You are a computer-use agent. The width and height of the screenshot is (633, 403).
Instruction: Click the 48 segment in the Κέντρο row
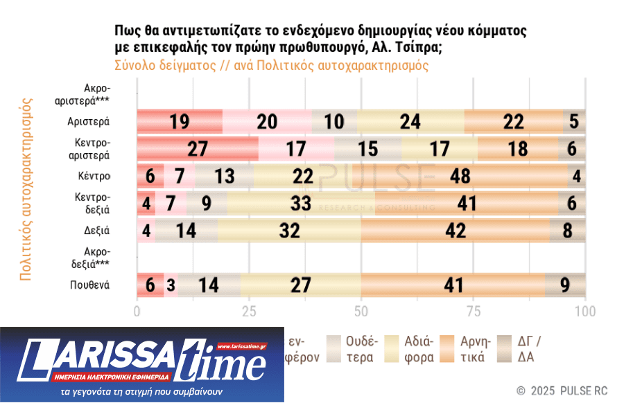click(460, 176)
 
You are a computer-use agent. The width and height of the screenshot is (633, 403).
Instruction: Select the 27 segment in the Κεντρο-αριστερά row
click(198, 149)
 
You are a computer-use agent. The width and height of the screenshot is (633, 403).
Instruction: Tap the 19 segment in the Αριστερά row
click(180, 122)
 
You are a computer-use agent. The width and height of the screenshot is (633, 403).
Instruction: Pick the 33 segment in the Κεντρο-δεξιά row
click(301, 203)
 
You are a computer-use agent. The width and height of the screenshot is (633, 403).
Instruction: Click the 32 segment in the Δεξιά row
click(289, 231)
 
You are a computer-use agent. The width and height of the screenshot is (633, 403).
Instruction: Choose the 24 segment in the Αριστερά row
click(410, 122)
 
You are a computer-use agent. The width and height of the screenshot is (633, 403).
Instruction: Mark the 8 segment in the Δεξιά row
click(568, 231)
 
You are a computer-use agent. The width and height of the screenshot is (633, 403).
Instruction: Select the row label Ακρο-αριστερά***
click(83, 94)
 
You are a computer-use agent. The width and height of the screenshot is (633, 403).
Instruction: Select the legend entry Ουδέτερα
click(353, 349)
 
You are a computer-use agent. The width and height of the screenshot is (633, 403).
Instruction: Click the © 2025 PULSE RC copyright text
click(562, 391)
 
